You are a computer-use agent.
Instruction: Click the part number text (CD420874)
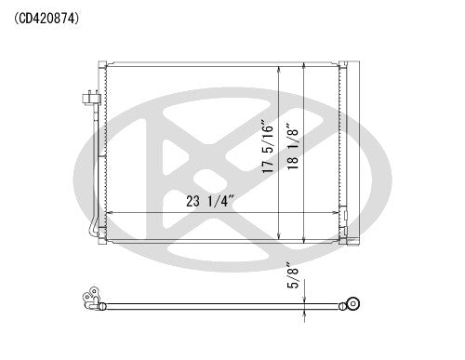point(46,16)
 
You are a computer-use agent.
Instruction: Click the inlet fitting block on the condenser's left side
point(90,96)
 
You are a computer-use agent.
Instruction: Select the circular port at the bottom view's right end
point(352,302)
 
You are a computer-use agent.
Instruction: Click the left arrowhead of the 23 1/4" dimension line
point(109,213)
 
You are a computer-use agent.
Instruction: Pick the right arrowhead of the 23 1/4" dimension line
point(336,213)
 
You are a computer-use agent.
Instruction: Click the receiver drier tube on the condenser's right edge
point(348,149)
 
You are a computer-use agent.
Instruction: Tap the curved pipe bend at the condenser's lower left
point(94,228)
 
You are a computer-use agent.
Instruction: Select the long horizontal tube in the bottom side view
point(223,303)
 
